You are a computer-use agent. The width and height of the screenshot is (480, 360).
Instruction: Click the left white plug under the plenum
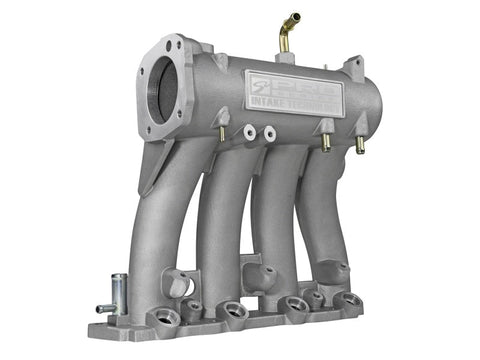(x=247, y=131)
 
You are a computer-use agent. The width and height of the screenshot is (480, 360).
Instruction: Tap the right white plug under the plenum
(x=269, y=132)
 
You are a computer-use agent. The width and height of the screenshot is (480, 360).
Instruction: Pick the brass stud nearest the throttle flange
(x=221, y=131)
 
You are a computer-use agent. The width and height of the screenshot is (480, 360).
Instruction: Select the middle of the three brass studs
(x=326, y=140)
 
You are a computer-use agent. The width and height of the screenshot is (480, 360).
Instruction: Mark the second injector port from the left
(x=231, y=311)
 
